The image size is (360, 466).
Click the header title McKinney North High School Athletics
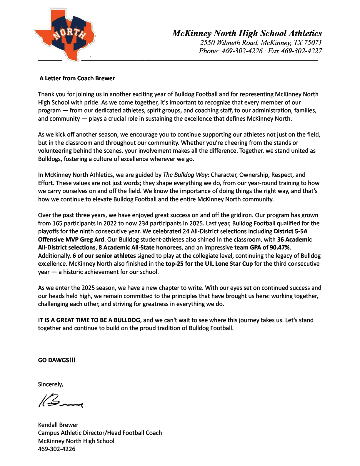coord(247,33)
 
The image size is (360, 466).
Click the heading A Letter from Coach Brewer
coord(77,78)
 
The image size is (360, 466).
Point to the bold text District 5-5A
coord(291,231)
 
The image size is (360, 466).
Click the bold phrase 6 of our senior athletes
coord(104,256)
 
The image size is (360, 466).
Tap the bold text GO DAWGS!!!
coord(57,360)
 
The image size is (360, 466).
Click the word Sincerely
coord(50,384)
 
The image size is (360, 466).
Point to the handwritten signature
coord(61,401)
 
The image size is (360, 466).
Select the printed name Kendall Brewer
coord(58,425)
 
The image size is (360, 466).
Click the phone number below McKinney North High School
coord(57,449)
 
